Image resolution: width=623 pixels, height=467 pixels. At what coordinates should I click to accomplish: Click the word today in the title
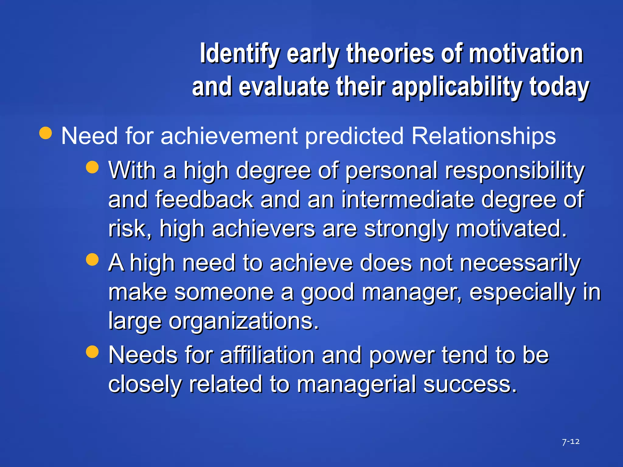pyautogui.click(x=559, y=88)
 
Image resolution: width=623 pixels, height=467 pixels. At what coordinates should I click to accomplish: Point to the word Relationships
pyautogui.click(x=483, y=136)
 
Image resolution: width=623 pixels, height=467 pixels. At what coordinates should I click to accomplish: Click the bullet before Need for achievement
pyautogui.click(x=46, y=133)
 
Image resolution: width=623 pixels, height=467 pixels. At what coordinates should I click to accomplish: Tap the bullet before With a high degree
pyautogui.click(x=92, y=167)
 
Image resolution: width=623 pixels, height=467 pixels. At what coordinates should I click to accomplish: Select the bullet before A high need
pyautogui.click(x=92, y=260)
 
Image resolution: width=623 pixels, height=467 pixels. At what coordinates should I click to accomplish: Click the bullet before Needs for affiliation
pyautogui.click(x=92, y=352)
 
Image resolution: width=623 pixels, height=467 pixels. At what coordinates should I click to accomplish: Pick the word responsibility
pyautogui.click(x=514, y=171)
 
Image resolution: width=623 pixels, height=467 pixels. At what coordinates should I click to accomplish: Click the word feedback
pyautogui.click(x=204, y=200)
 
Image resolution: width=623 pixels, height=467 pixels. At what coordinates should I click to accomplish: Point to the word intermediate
pyautogui.click(x=407, y=200)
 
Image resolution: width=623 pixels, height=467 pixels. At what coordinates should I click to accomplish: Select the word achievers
pyautogui.click(x=263, y=229)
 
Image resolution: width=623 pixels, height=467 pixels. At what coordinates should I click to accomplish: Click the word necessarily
pyautogui.click(x=520, y=263)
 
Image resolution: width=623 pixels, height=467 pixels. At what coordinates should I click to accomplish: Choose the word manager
pyautogui.click(x=412, y=292)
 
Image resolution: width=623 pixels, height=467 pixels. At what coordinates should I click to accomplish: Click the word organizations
pyautogui.click(x=244, y=321)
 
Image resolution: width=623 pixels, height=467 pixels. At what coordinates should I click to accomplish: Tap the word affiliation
pyautogui.click(x=267, y=355)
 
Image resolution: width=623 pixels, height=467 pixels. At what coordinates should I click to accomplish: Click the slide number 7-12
pyautogui.click(x=571, y=441)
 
